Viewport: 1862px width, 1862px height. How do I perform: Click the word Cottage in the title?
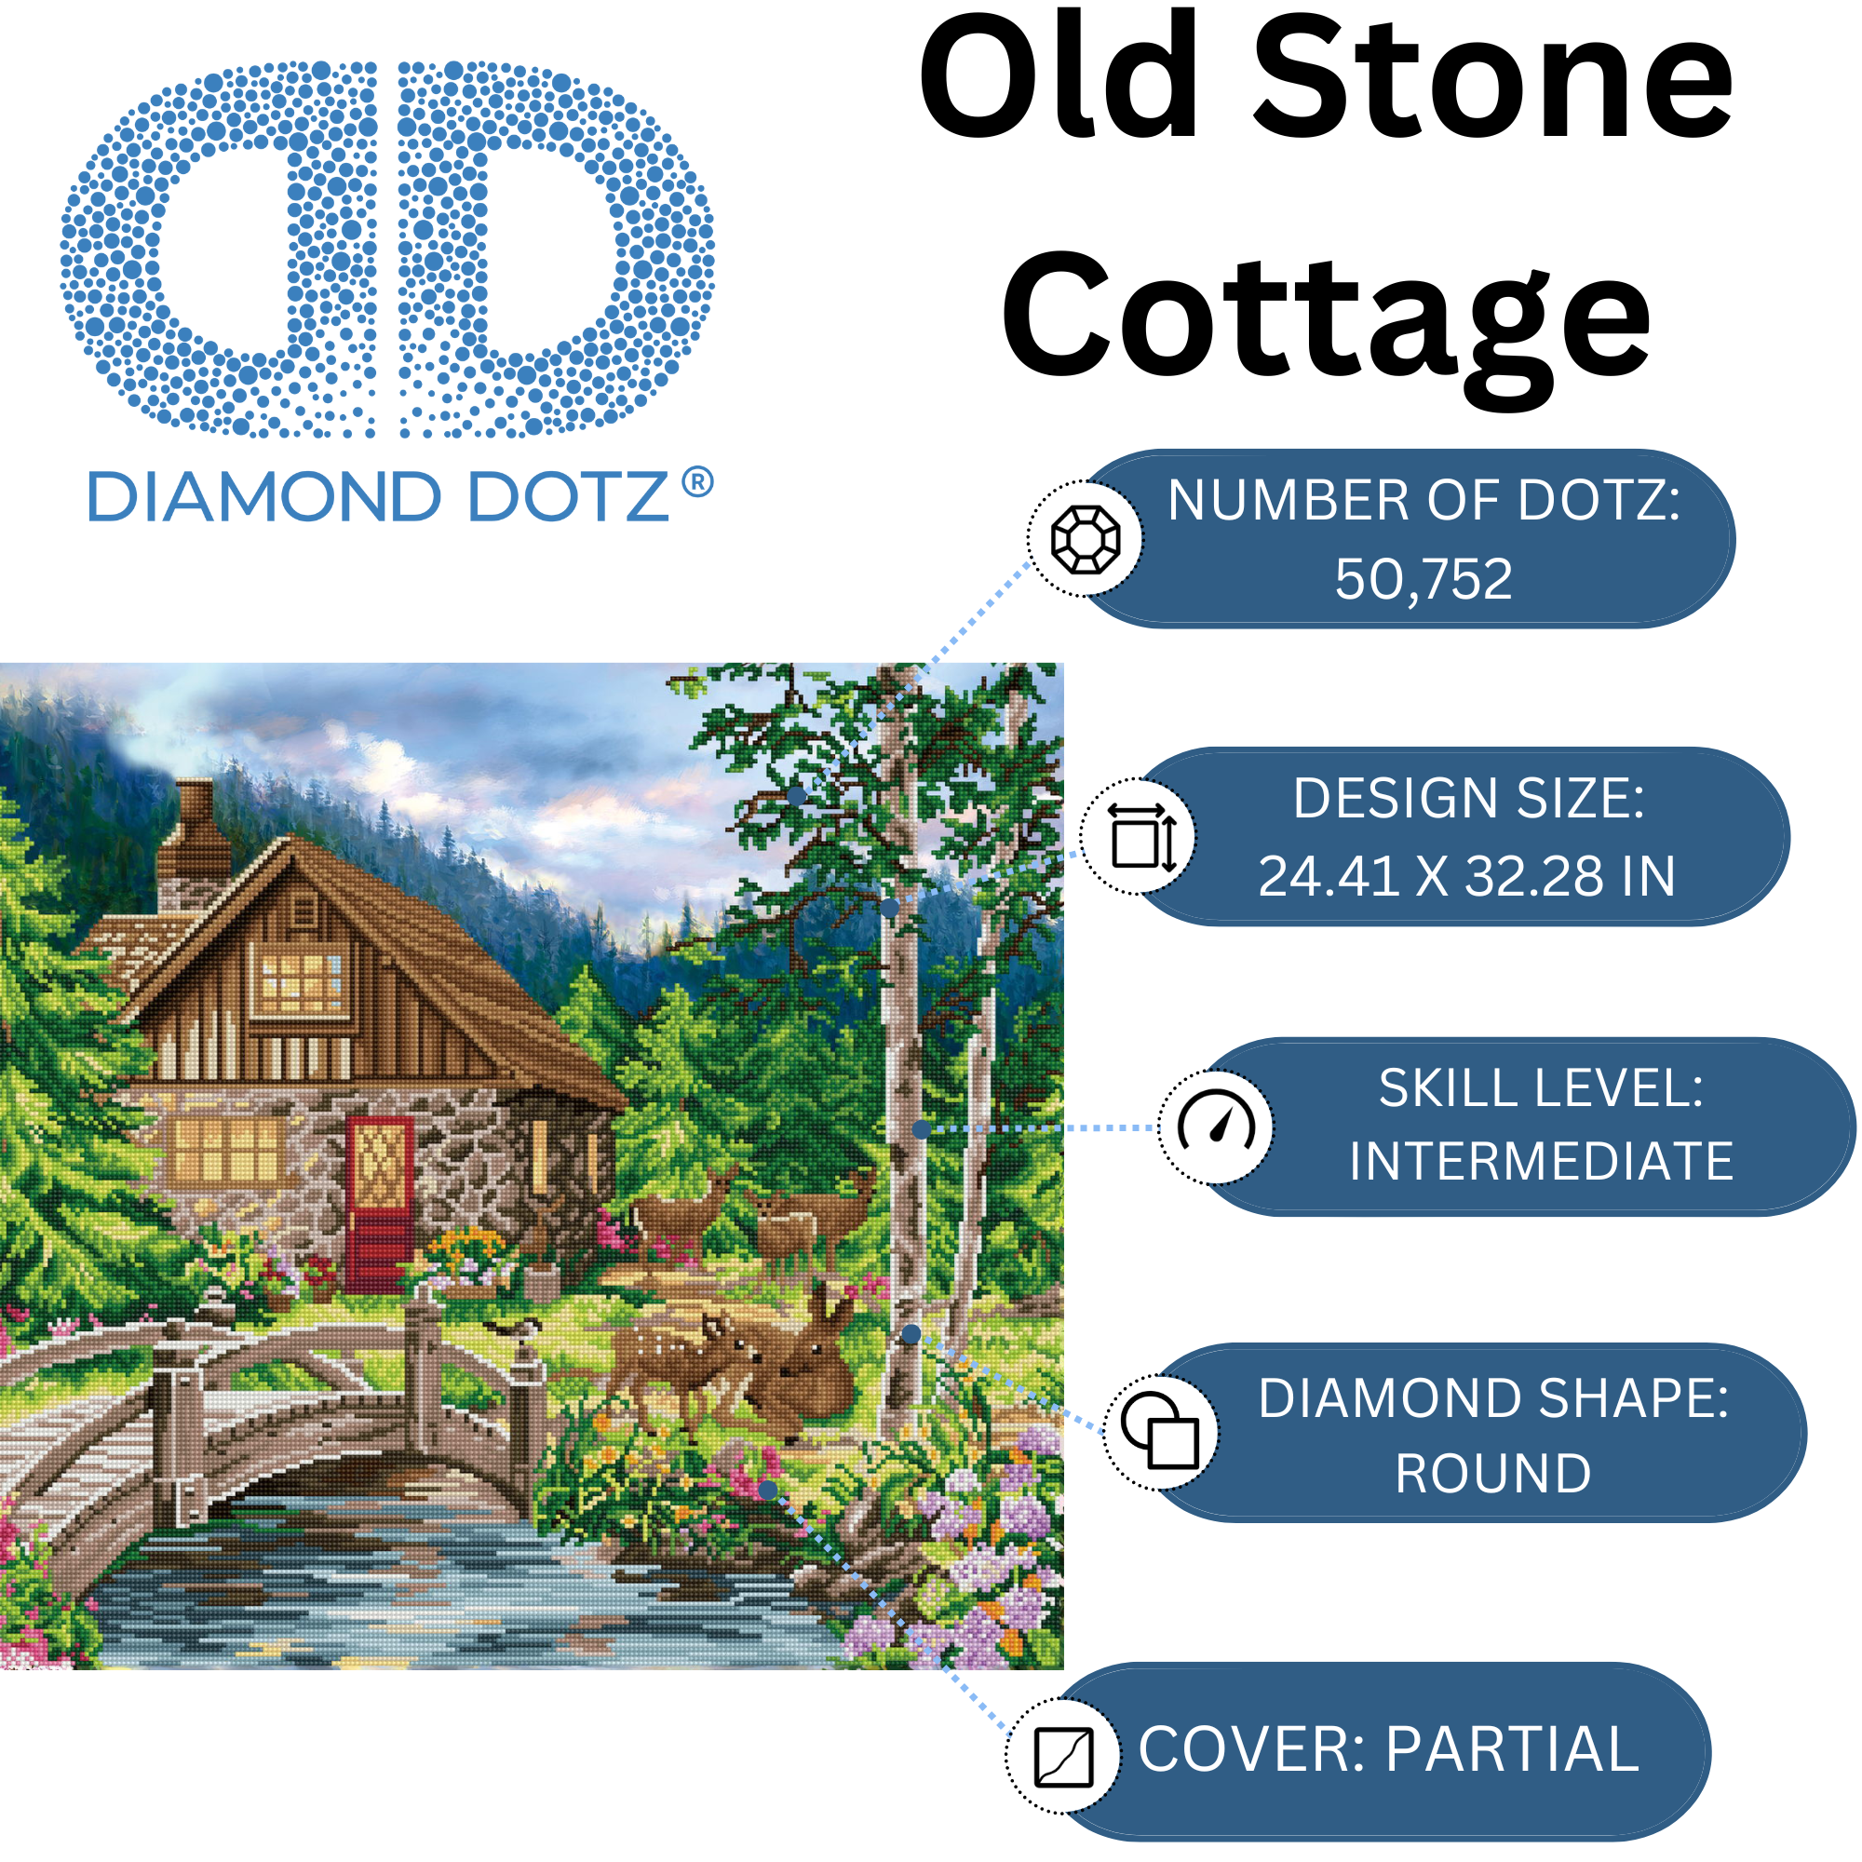1327,318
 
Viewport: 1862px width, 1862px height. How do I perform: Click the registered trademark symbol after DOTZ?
697,482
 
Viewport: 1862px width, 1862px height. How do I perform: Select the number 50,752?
1423,579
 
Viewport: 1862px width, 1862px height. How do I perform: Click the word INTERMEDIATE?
1540,1161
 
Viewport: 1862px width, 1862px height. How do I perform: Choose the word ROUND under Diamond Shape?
1493,1474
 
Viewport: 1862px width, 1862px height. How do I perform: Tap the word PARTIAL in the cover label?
1512,1749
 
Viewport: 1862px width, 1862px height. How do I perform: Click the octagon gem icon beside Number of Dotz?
1086,539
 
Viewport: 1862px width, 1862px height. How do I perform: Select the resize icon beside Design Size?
1140,837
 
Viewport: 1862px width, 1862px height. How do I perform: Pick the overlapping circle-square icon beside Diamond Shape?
1160,1431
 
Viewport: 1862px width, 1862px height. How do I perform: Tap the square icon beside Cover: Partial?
1063,1756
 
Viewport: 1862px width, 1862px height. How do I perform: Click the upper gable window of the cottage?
300,983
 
